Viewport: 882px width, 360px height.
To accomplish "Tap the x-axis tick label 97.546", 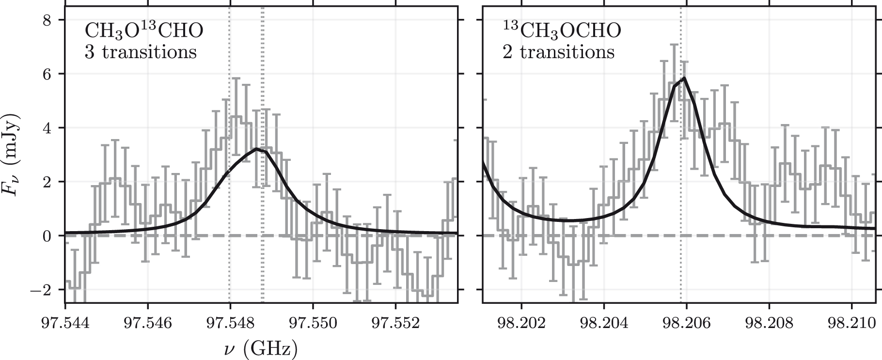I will point(147,323).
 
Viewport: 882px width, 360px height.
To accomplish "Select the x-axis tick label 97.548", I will point(230,323).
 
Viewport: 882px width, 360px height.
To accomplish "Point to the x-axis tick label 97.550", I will point(313,323).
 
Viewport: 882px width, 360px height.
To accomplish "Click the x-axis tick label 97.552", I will point(395,323).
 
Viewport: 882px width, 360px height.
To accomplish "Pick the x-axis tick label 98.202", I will point(521,323).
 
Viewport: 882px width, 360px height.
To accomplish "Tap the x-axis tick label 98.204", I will point(604,323).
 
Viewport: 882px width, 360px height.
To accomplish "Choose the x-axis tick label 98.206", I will point(686,323).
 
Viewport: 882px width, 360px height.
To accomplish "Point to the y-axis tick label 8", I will point(47,20).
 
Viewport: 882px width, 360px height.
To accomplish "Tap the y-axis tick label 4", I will point(47,128).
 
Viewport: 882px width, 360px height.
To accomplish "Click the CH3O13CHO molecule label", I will point(144,31).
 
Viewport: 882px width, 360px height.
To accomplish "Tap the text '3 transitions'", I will point(141,52).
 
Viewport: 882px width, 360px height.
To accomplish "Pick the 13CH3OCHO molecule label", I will point(561,31).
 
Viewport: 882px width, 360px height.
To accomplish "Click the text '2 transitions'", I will point(558,52).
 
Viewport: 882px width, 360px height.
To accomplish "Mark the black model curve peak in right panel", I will point(683,78).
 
